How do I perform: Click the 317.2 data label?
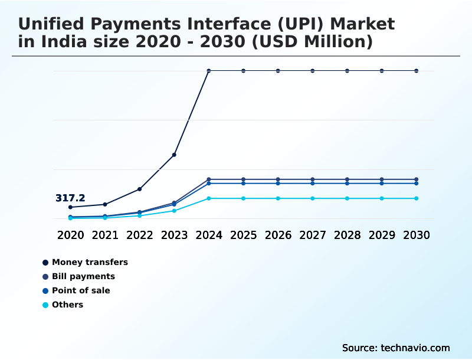[x=70, y=198]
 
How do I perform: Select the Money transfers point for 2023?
[x=174, y=155]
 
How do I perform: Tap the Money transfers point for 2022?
[x=139, y=189]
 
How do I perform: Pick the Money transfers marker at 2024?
[x=209, y=71]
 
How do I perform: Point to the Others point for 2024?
[x=209, y=198]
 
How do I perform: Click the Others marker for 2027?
[x=313, y=198]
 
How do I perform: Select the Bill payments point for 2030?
[x=417, y=179]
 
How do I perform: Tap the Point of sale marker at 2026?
[x=278, y=184]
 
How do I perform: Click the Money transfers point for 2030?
[x=417, y=71]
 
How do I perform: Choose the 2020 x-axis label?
[x=70, y=235]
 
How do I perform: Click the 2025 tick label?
[x=243, y=235]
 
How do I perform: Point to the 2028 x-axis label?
[x=347, y=235]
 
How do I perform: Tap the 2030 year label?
[x=417, y=235]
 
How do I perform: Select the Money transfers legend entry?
[x=90, y=262]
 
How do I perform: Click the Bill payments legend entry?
[x=83, y=276]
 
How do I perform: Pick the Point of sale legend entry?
[x=81, y=290]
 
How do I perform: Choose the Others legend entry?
[x=67, y=305]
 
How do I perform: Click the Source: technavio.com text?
[x=396, y=348]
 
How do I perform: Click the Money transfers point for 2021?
[x=105, y=204]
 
